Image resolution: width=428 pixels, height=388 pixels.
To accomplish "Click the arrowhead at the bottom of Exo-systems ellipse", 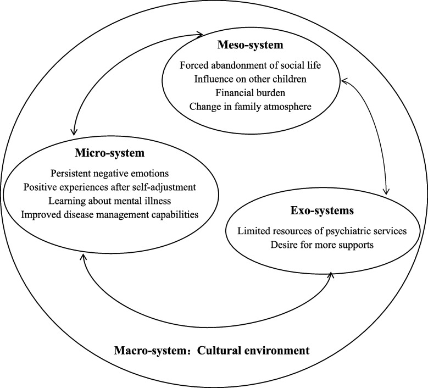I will [330, 273].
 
